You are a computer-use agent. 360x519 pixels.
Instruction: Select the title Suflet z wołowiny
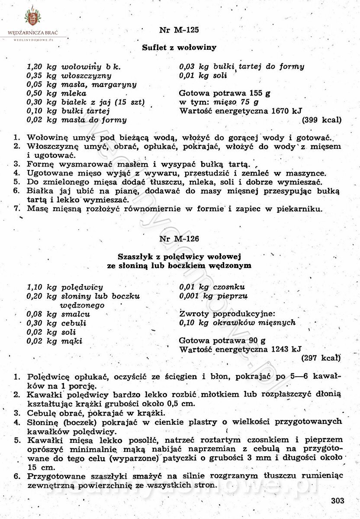pyautogui.click(x=179, y=48)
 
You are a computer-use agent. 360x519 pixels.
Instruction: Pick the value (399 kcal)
pyautogui.click(x=321, y=120)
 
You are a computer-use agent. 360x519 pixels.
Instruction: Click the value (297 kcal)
pyautogui.click(x=321, y=358)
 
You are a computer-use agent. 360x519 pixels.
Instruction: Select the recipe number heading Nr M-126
pyautogui.click(x=179, y=238)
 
